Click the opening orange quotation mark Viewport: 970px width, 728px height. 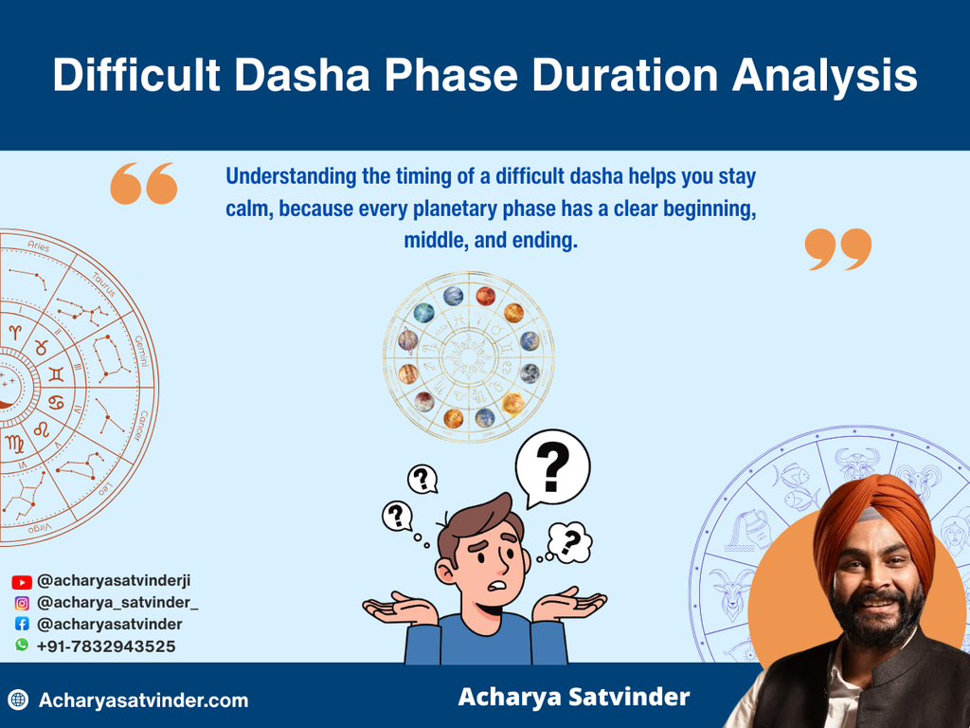[144, 184]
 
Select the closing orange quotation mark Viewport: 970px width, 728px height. [837, 249]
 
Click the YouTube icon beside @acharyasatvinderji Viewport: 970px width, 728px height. [22, 582]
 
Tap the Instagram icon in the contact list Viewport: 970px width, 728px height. [22, 603]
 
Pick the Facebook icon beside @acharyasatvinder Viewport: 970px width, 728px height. [22, 625]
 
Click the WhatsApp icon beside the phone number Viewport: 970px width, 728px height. [22, 646]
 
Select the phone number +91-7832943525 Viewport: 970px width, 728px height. [106, 646]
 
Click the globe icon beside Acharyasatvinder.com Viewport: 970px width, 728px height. [18, 701]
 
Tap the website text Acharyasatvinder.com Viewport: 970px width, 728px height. [143, 701]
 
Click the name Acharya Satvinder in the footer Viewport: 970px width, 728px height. [573, 698]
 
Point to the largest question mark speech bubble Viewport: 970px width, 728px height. [552, 466]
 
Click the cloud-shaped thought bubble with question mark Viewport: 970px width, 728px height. [570, 543]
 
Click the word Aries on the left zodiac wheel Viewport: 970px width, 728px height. [38, 247]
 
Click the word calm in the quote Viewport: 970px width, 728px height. [249, 209]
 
